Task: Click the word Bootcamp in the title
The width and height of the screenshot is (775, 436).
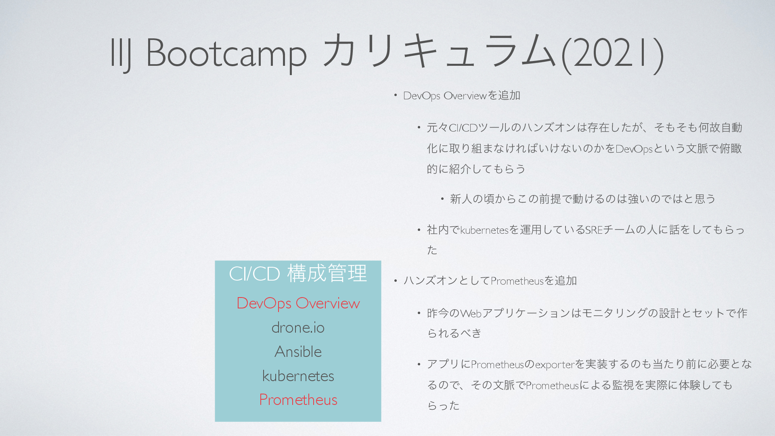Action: click(x=226, y=54)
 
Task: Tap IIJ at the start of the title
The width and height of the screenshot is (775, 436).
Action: click(x=121, y=54)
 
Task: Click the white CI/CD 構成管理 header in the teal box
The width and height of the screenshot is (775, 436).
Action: click(x=298, y=274)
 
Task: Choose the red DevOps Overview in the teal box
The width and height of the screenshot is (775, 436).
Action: click(x=298, y=304)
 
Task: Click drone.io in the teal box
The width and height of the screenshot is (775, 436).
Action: click(x=298, y=327)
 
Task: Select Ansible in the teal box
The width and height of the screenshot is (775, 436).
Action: click(x=298, y=352)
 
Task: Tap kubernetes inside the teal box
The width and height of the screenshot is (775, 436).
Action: click(x=298, y=376)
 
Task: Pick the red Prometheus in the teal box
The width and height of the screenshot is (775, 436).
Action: click(x=298, y=400)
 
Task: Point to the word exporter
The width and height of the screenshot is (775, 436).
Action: click(x=555, y=365)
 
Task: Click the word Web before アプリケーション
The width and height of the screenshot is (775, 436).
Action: click(x=471, y=313)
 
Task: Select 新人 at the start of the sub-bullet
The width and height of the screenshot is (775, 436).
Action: click(x=461, y=199)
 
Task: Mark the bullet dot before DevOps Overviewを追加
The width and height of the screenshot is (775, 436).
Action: click(x=396, y=96)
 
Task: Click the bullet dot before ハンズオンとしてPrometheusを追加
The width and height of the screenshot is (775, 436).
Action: click(x=396, y=281)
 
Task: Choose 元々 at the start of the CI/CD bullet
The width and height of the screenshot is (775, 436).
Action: click(x=438, y=128)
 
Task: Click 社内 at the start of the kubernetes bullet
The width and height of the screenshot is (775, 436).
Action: click(x=438, y=230)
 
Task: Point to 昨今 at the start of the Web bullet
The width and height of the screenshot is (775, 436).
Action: click(x=438, y=313)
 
